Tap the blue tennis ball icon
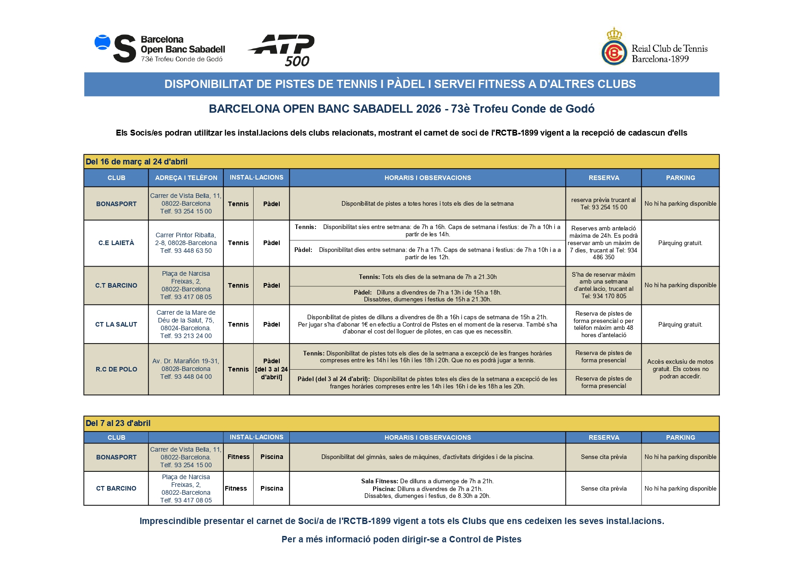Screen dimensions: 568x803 click(103, 43)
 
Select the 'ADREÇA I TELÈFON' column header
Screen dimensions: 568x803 click(186, 178)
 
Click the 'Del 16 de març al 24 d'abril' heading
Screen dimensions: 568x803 click(136, 162)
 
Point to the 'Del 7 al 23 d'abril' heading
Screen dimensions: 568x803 click(118, 423)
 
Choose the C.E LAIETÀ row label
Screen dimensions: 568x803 click(116, 243)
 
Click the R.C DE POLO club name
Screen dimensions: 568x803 click(116, 369)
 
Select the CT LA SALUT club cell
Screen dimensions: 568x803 click(116, 324)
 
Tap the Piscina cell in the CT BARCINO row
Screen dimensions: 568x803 click(271, 488)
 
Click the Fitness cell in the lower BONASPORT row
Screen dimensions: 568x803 click(239, 457)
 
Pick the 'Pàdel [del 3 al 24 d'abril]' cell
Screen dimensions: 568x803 click(271, 369)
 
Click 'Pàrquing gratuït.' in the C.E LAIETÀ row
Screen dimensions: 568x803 click(680, 243)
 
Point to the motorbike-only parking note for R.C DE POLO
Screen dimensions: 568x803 click(680, 369)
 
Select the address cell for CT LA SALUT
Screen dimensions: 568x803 click(186, 324)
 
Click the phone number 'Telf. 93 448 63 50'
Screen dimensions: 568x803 click(186, 251)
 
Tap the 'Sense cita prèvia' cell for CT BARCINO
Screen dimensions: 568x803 click(603, 488)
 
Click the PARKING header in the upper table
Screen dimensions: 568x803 click(680, 178)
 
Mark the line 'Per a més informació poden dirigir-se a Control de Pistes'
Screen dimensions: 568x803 click(401, 539)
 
